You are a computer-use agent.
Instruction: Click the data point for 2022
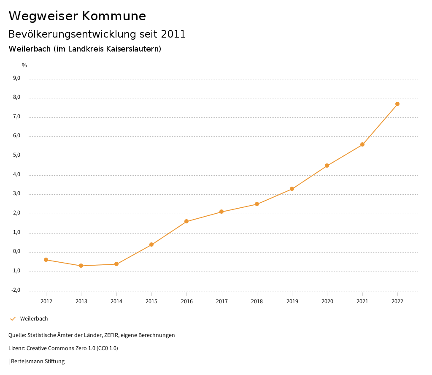click(x=397, y=104)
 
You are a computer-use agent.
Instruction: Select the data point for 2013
click(x=81, y=266)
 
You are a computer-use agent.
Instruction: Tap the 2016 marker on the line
click(x=186, y=221)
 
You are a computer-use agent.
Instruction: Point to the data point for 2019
click(x=292, y=189)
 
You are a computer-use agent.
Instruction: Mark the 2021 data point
click(x=362, y=144)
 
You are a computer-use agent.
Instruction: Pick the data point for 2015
click(x=151, y=245)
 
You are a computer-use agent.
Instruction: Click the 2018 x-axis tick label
click(x=257, y=301)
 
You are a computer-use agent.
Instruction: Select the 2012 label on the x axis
click(x=46, y=301)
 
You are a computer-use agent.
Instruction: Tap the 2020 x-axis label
click(x=327, y=301)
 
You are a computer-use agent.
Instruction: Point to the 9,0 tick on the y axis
click(x=17, y=78)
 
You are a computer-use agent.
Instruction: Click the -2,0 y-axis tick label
click(x=16, y=290)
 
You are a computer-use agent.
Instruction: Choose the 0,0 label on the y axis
click(x=17, y=252)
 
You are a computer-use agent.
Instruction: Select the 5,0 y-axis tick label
click(x=17, y=155)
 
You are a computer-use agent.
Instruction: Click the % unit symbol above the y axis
click(x=24, y=65)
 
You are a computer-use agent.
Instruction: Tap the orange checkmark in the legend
click(x=13, y=319)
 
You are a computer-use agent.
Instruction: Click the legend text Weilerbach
click(x=34, y=319)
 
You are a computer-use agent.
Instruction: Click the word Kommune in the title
click(x=114, y=16)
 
